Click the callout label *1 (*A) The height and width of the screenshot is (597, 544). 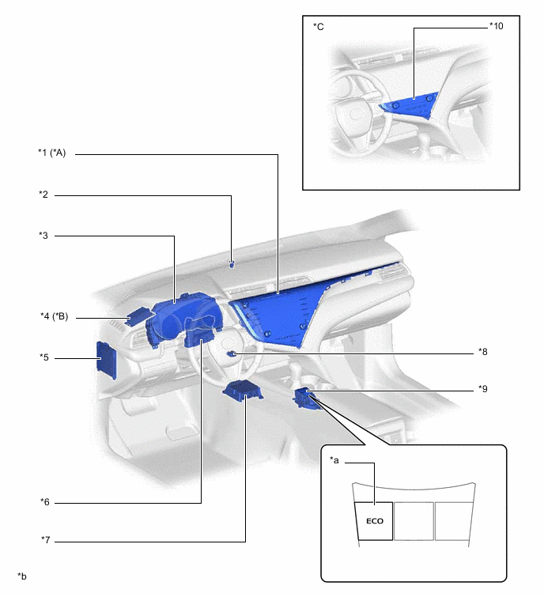(51, 153)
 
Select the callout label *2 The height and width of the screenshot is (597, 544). (43, 195)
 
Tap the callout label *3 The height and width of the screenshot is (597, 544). (43, 236)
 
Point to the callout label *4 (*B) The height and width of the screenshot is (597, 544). (54, 316)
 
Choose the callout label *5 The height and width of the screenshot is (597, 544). (44, 357)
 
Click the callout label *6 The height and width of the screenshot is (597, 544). (45, 502)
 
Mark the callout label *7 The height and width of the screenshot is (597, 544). (45, 540)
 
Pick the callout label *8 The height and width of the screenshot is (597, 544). (482, 352)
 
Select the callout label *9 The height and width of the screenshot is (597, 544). (482, 389)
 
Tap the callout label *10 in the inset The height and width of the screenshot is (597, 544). (496, 26)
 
